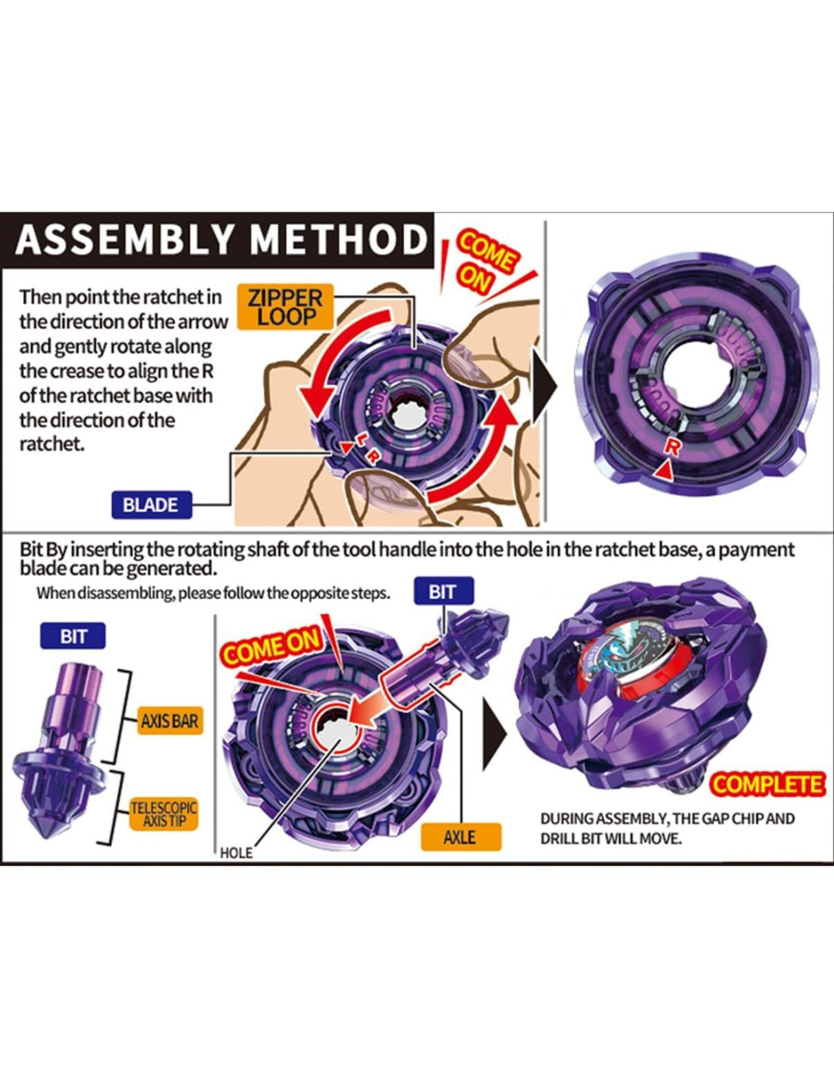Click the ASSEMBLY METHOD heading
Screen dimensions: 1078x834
pyautogui.click(x=221, y=240)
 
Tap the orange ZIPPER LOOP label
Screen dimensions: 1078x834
pyautogui.click(x=285, y=307)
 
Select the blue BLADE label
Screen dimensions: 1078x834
pyautogui.click(x=150, y=505)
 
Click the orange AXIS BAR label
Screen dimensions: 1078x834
pyautogui.click(x=169, y=721)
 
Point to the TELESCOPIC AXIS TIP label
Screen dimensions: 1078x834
pyautogui.click(x=163, y=814)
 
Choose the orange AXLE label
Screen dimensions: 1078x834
pyautogui.click(x=459, y=837)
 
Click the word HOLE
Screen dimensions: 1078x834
pyautogui.click(x=236, y=853)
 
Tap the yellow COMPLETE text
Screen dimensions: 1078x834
pyautogui.click(x=767, y=785)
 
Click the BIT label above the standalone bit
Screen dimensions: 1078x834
pyautogui.click(x=73, y=636)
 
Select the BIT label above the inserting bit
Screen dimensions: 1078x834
pyautogui.click(x=443, y=591)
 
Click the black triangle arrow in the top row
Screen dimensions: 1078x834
pyautogui.click(x=546, y=387)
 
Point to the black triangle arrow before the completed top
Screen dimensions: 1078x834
pyautogui.click(x=495, y=735)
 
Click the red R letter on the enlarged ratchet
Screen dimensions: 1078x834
pyautogui.click(x=671, y=448)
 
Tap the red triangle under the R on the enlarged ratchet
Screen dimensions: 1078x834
pyautogui.click(x=664, y=472)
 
